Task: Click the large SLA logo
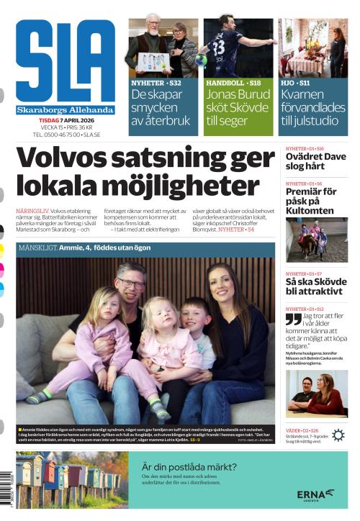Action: pyautogui.click(x=65, y=61)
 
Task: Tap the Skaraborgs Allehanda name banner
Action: pyautogui.click(x=65, y=110)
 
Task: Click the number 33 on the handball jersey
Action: pyautogui.click(x=219, y=48)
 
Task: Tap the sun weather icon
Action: pyautogui.click(x=338, y=435)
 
